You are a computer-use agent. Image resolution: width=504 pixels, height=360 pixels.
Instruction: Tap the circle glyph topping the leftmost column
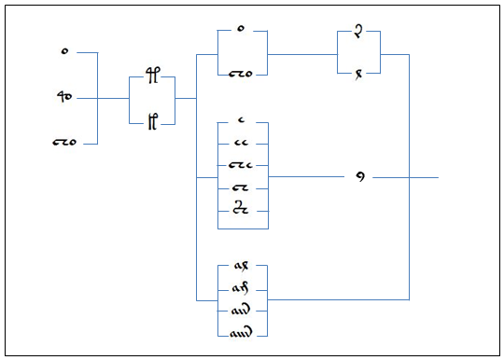[64, 52]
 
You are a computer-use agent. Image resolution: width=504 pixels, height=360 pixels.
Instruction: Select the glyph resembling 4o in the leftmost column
[64, 97]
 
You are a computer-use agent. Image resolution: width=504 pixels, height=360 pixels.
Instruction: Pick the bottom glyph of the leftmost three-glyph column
[63, 143]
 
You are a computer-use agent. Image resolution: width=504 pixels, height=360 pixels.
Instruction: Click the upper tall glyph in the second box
[151, 78]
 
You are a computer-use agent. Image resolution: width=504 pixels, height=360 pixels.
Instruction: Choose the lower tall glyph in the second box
[151, 120]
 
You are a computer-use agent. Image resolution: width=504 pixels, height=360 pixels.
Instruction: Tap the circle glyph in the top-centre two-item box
[242, 30]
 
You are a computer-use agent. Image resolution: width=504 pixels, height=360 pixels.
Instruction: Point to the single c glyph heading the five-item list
[242, 121]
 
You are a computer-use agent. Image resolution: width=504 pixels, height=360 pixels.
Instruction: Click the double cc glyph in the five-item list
[242, 144]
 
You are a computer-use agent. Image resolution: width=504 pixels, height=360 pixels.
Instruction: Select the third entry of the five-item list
[242, 166]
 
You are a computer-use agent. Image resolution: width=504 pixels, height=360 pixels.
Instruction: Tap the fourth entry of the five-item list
[242, 188]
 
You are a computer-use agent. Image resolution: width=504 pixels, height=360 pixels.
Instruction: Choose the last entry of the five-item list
[242, 210]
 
